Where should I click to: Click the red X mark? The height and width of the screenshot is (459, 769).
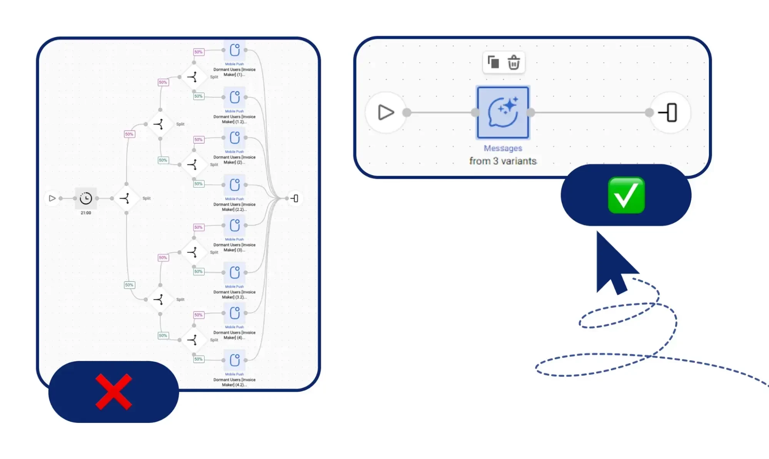[x=114, y=392]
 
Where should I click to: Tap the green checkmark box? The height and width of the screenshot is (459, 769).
[x=626, y=195]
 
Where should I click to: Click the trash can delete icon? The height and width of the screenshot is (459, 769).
[x=514, y=62]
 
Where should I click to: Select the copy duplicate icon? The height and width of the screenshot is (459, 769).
[x=493, y=62]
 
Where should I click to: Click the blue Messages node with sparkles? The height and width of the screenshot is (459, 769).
[x=503, y=113]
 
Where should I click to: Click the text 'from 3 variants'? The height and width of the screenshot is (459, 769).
[x=503, y=161]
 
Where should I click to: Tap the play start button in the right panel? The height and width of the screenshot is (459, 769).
[x=386, y=113]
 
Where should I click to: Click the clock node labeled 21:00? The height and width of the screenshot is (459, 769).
[x=86, y=198]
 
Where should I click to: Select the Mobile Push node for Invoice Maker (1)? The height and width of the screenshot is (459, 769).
[x=235, y=50]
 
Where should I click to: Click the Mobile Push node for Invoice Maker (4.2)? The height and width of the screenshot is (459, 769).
[x=235, y=360]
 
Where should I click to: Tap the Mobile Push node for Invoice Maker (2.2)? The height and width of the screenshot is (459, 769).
[x=235, y=185]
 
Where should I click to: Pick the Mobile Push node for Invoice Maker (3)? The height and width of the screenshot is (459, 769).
[x=235, y=225]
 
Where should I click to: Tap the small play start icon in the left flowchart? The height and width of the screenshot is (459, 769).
[x=52, y=198]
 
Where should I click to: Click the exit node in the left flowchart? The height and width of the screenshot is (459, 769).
[x=295, y=198]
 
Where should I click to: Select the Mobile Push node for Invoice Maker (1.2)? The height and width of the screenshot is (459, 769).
[x=235, y=97]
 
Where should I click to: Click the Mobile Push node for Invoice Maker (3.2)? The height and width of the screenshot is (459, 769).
[x=235, y=273]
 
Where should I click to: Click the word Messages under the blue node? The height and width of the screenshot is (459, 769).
[x=503, y=148]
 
